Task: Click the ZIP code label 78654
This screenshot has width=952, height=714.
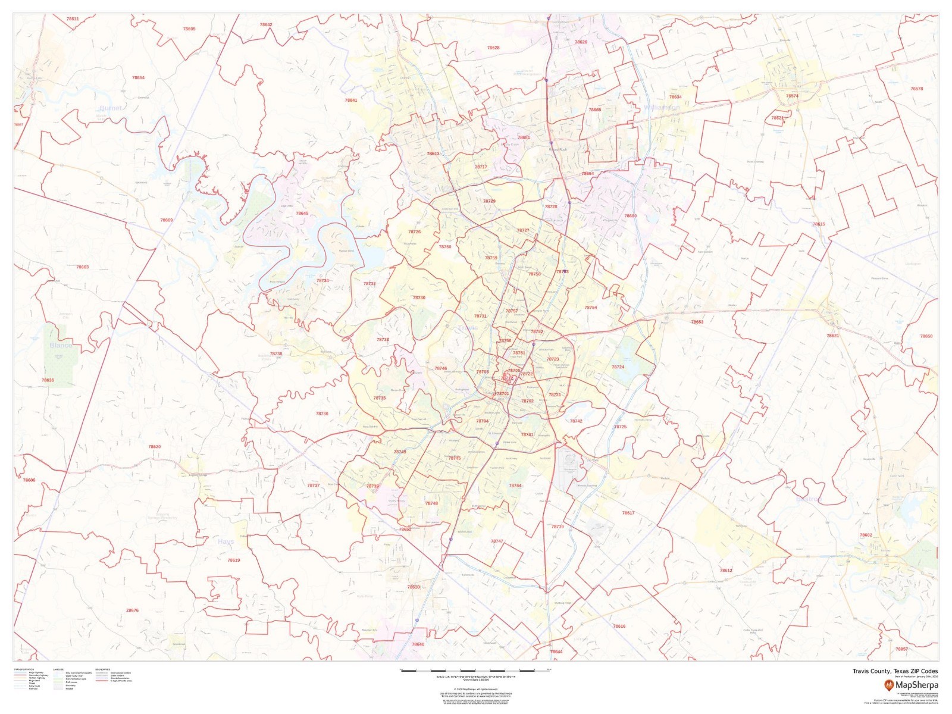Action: coord(138,78)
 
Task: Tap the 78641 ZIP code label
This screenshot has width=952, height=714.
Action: coord(351,101)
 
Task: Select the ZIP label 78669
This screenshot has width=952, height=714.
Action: coord(167,220)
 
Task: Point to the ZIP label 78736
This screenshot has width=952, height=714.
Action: coord(322,414)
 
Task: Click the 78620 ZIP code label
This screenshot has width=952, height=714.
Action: coord(155,447)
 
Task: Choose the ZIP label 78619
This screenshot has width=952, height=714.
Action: coord(234,560)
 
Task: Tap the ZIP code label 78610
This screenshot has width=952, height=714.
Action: coord(414,587)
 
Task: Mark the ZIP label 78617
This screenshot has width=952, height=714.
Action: coord(628,513)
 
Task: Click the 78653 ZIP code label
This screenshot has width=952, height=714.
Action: coord(697,322)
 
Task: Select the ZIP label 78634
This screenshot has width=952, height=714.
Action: coord(675,97)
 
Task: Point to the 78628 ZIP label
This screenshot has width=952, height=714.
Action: coord(493,48)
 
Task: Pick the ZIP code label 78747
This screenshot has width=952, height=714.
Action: coord(497,541)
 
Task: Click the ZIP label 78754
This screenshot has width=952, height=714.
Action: coord(590,308)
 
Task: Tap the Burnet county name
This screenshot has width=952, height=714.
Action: coord(111,108)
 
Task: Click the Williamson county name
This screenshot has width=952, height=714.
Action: coord(661,108)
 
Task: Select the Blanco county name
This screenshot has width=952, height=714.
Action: coord(61,345)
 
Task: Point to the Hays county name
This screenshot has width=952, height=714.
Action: coord(226,542)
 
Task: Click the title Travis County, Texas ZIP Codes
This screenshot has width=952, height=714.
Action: coord(895,671)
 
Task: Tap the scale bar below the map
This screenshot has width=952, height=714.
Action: coord(476,671)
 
